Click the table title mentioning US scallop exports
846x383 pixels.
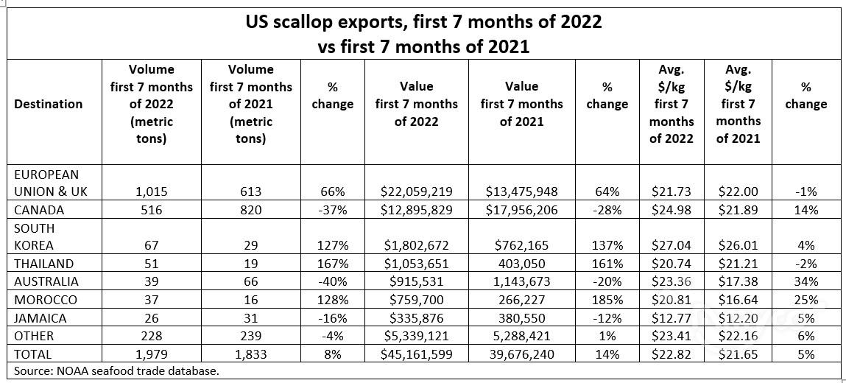pos(423,33)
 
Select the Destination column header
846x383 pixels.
pos(49,104)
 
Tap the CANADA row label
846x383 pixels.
pos(40,210)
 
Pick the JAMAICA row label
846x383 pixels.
pos(40,318)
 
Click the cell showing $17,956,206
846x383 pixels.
pos(521,210)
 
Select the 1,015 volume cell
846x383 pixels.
pos(151,191)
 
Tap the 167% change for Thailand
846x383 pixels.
pos(332,264)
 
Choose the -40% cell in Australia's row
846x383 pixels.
pos(332,281)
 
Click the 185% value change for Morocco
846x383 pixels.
pos(607,300)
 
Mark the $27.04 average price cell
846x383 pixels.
pos(671,246)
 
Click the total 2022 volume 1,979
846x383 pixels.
pos(151,354)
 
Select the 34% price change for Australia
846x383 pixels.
pos(806,281)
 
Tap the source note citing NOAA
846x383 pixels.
pos(116,370)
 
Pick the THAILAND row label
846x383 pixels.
pos(44,264)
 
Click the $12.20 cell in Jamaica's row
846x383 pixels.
pos(737,318)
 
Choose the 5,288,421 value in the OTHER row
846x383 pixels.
pos(521,336)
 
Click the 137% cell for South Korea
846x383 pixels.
pos(607,246)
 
